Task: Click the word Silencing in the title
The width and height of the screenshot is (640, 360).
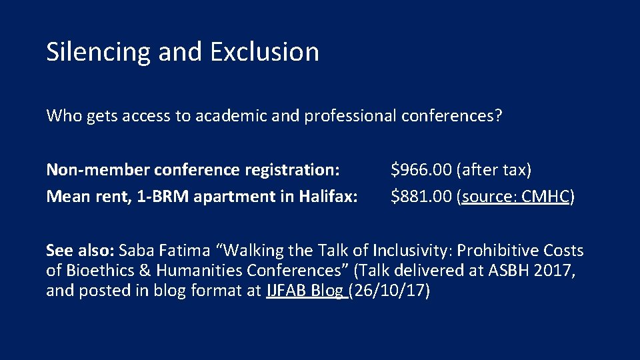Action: click(99, 52)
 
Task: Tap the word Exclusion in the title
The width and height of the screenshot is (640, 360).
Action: click(264, 51)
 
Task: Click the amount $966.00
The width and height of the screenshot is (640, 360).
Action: click(421, 170)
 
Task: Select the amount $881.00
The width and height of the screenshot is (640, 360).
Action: click(421, 197)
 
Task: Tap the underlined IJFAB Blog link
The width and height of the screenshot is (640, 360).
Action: click(305, 291)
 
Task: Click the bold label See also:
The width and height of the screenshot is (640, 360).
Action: click(80, 251)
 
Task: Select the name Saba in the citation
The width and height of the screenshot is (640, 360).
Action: click(137, 251)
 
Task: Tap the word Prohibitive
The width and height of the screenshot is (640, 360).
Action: click(489, 251)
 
